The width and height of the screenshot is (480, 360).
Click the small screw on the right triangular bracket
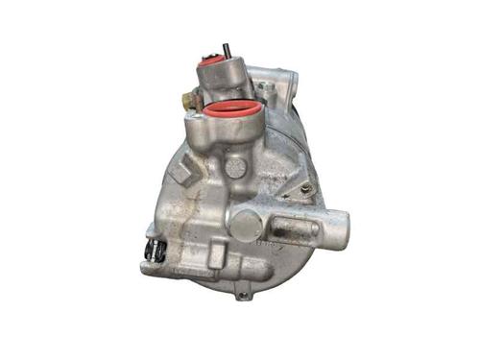click(x=306, y=190)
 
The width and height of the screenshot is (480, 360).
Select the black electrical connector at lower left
click(x=151, y=249)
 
